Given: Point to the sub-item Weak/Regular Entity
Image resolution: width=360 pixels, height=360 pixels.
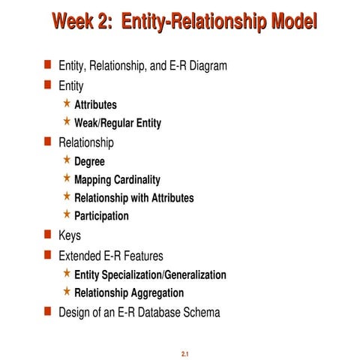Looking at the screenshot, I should (117, 123).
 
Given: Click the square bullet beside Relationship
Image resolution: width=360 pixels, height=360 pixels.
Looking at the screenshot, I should (46, 141).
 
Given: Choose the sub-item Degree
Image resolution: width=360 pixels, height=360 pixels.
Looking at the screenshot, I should (89, 161).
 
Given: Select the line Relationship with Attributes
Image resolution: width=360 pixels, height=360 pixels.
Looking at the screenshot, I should (133, 198).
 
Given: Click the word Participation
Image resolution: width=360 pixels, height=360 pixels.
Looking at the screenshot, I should (101, 216).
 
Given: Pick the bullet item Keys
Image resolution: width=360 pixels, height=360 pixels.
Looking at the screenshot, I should (70, 236).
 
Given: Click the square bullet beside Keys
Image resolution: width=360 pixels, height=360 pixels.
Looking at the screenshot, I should (46, 235).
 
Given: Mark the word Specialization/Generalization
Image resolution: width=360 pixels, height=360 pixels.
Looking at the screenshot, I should (168, 275).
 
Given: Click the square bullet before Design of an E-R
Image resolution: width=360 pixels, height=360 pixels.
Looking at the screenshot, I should (46, 311).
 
